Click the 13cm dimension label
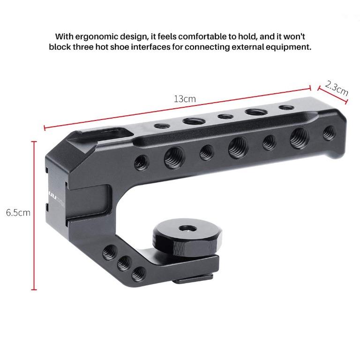pyautogui.click(x=185, y=99)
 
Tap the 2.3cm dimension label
pyautogui.click(x=336, y=88)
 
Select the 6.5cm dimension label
pyautogui.click(x=18, y=213)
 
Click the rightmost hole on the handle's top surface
pyautogui.click(x=284, y=108)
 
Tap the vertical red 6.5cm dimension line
pyautogui.click(x=34, y=216)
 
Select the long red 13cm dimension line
pyautogui.click(x=178, y=106)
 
